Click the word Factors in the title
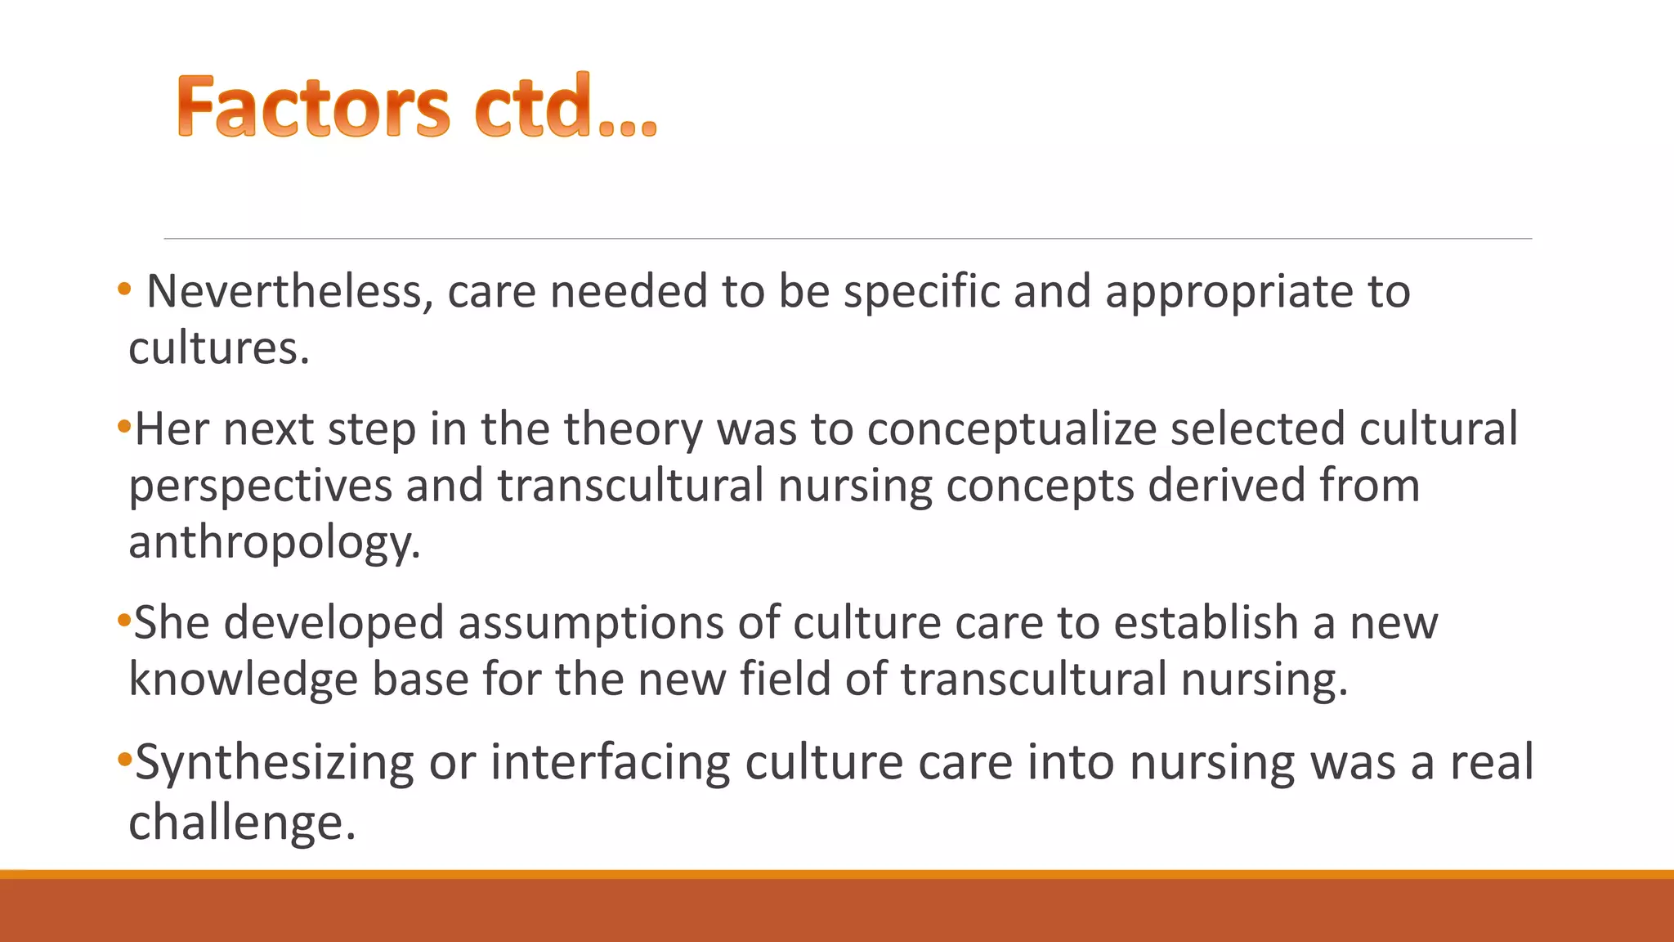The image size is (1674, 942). pyautogui.click(x=312, y=106)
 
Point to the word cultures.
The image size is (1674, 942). pyautogui.click(x=218, y=349)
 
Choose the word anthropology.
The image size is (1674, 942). pyautogui.click(x=274, y=543)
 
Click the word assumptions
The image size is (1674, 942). pyautogui.click(x=590, y=624)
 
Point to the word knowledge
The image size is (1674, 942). pyautogui.click(x=243, y=680)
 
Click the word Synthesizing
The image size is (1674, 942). pyautogui.click(x=274, y=764)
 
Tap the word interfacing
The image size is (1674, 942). pyautogui.click(x=610, y=764)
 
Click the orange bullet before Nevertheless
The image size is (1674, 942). pyautogui.click(x=123, y=289)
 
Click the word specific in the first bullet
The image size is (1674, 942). pyautogui.click(x=921, y=292)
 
